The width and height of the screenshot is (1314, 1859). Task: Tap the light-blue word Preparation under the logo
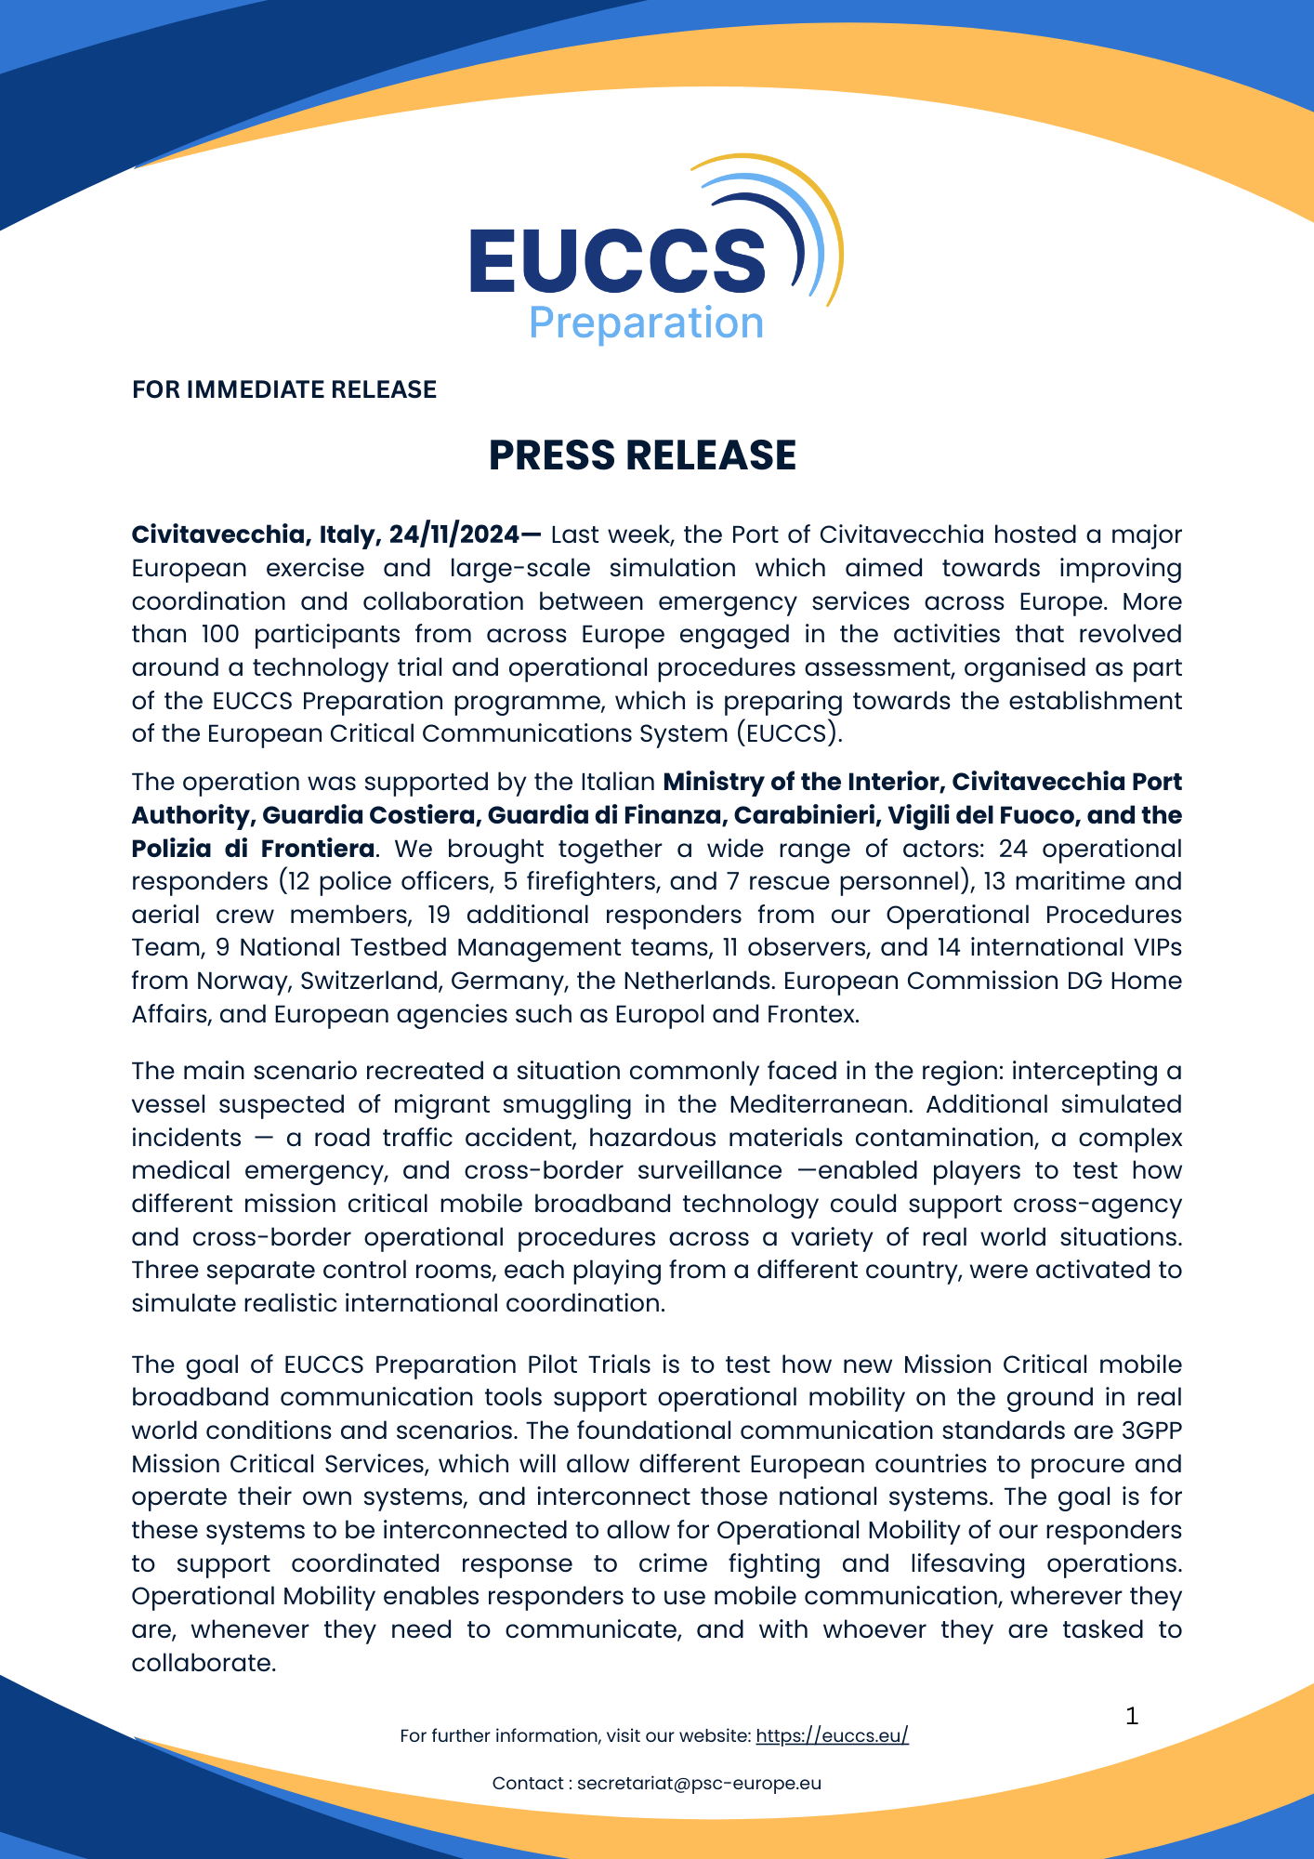click(646, 323)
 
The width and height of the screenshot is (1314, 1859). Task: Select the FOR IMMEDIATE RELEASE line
click(284, 389)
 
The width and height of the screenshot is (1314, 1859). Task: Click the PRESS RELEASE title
click(642, 455)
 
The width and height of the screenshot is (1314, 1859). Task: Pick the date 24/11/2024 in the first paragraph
click(454, 535)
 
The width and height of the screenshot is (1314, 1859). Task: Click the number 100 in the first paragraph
click(220, 635)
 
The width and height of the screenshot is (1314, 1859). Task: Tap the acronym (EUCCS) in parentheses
click(789, 734)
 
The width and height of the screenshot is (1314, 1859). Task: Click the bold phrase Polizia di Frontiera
click(253, 850)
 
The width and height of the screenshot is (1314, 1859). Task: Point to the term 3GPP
click(1151, 1431)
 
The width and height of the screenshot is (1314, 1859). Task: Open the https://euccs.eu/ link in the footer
click(832, 1735)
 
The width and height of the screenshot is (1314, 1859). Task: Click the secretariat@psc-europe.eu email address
click(699, 1783)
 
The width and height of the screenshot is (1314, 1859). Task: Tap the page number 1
click(1131, 1717)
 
